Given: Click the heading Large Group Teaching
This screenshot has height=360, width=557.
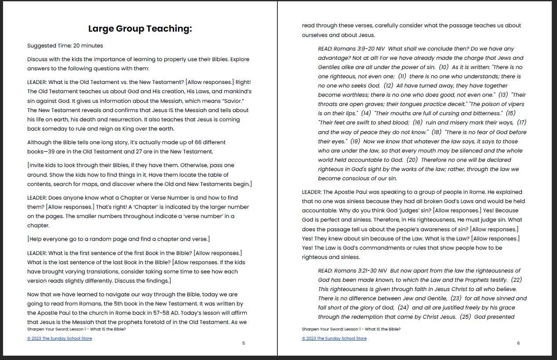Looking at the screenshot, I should coord(140,29).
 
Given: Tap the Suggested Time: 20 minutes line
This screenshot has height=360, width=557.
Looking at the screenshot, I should coord(65,46).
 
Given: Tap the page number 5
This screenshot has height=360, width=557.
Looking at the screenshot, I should coord(244,343).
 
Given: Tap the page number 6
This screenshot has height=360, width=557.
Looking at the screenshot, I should coord(518,343).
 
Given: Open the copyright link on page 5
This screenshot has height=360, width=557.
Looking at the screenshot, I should coord(59,338).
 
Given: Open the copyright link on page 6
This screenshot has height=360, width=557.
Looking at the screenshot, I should coord(334,338).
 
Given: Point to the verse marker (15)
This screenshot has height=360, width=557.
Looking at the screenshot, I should coord(510,113).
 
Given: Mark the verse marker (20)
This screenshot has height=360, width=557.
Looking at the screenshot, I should coord(412,160).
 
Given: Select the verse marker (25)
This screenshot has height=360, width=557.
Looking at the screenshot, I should coord(465,317).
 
